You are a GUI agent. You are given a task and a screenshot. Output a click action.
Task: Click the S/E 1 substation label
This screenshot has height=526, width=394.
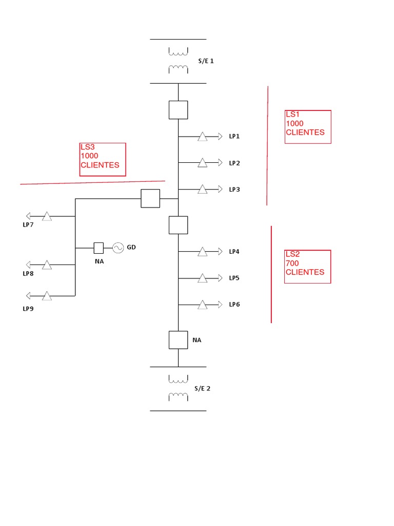click(x=205, y=61)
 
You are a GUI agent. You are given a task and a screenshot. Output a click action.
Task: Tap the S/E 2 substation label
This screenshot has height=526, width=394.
click(x=202, y=388)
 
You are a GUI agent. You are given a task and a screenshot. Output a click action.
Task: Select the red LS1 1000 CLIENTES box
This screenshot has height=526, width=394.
click(x=308, y=126)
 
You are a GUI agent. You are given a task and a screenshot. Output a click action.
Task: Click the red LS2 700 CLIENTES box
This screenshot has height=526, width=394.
click(x=308, y=266)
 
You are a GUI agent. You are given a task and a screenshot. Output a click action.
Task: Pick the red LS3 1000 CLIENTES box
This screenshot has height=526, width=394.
click(x=103, y=159)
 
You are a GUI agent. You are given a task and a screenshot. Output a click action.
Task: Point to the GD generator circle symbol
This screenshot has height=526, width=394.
click(x=118, y=248)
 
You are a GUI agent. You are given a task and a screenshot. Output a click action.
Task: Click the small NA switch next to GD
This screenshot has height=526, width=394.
click(x=98, y=248)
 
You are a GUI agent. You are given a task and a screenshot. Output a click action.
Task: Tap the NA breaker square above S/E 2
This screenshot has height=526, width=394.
click(x=178, y=340)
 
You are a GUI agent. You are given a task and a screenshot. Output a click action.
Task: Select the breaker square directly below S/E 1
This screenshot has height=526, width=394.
click(x=178, y=110)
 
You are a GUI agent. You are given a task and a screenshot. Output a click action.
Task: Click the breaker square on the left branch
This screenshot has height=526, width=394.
click(x=150, y=198)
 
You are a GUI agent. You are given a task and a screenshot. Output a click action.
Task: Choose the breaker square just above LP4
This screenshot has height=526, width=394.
click(x=178, y=225)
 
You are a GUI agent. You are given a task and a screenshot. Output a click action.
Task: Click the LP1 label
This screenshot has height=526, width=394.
click(x=234, y=137)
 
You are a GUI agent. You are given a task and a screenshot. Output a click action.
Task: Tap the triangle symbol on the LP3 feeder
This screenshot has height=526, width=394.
click(x=203, y=190)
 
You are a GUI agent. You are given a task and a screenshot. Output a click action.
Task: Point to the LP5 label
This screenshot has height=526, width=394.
click(x=234, y=278)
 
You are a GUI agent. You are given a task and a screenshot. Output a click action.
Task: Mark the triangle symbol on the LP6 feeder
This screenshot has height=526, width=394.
click(x=203, y=305)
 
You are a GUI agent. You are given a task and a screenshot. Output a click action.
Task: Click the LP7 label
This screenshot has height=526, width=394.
click(x=28, y=225)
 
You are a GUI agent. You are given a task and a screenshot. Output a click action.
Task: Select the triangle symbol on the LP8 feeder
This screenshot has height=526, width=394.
click(x=47, y=265)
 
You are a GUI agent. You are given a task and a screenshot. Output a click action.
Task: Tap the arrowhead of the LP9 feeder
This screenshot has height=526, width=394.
click(x=28, y=295)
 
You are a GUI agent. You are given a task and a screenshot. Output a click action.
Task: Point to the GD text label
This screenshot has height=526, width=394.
click(x=131, y=248)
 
